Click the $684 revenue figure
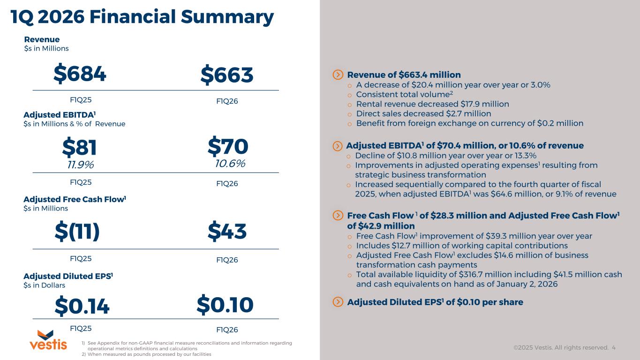tap(80, 75)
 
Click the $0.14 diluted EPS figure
tap(82, 306)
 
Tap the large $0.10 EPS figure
tap(225, 305)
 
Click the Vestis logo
tap(48, 340)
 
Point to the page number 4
tap(614, 348)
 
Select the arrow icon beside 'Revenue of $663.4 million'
tap(338, 75)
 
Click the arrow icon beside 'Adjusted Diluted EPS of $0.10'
tap(338, 302)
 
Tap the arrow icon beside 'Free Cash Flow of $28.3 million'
tap(338, 216)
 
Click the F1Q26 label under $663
tap(227, 101)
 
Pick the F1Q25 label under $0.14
tap(80, 328)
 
